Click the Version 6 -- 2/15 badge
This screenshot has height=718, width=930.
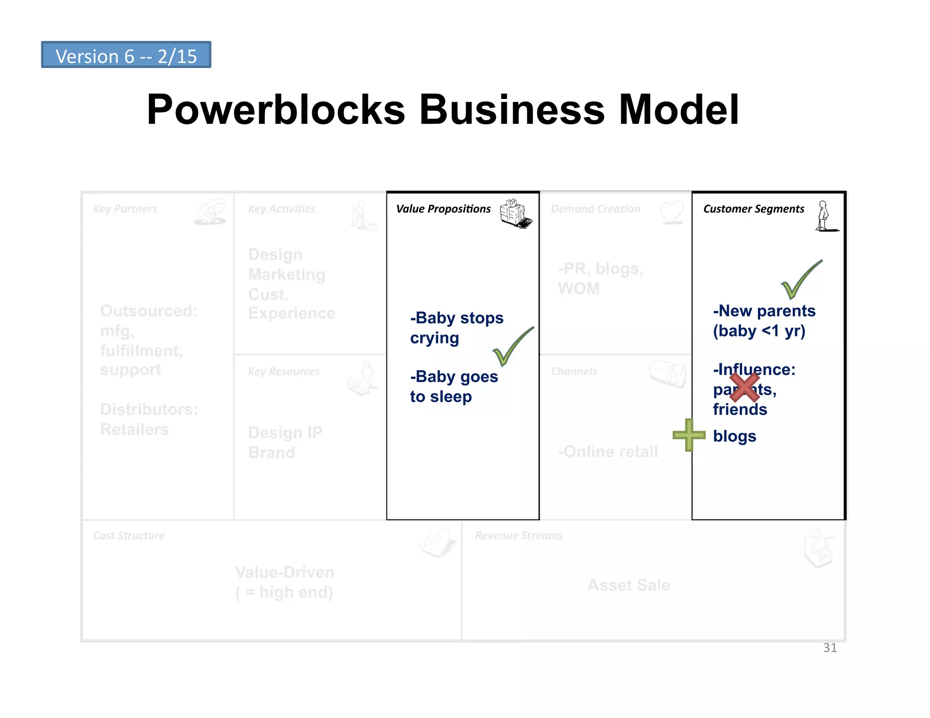click(x=126, y=55)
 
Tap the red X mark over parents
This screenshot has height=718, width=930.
click(x=744, y=387)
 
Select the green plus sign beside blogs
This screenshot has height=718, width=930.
click(x=689, y=435)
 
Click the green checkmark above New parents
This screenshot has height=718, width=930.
click(x=801, y=280)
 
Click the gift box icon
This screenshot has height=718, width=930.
click(x=515, y=213)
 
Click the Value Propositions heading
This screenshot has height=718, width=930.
click(x=443, y=209)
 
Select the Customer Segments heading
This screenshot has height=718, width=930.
click(x=753, y=209)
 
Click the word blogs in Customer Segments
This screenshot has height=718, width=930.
click(x=734, y=436)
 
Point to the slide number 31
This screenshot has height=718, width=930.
click(x=830, y=648)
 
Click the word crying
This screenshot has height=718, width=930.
click(x=434, y=339)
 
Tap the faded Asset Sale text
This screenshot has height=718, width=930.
click(x=628, y=585)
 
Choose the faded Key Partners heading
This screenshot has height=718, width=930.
click(x=125, y=209)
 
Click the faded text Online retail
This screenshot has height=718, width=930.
click(x=608, y=452)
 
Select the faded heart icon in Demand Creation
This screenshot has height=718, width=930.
click(x=672, y=211)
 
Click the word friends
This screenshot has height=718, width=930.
click(x=740, y=409)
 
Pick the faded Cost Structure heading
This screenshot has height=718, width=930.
click(x=129, y=536)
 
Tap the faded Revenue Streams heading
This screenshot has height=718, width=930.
click(x=519, y=536)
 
